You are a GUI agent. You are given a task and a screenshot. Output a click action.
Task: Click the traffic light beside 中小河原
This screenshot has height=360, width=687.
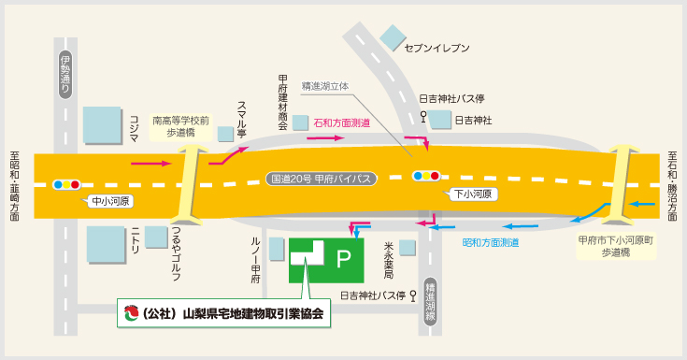pyautogui.click(x=67, y=184)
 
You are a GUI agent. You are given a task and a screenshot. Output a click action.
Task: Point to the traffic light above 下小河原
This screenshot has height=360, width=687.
pyautogui.click(x=425, y=175)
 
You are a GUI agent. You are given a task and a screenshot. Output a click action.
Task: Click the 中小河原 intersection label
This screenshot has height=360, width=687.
pyautogui.click(x=111, y=201)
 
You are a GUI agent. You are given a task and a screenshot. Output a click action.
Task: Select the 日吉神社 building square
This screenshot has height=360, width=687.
pyautogui.click(x=439, y=120)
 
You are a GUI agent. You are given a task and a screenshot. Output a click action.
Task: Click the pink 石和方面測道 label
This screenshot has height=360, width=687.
pyautogui.click(x=342, y=122)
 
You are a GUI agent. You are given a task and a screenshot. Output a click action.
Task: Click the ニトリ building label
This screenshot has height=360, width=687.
pyautogui.click(x=136, y=238)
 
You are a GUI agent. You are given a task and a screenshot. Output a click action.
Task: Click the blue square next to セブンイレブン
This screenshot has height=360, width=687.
pyautogui.click(x=392, y=38)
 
